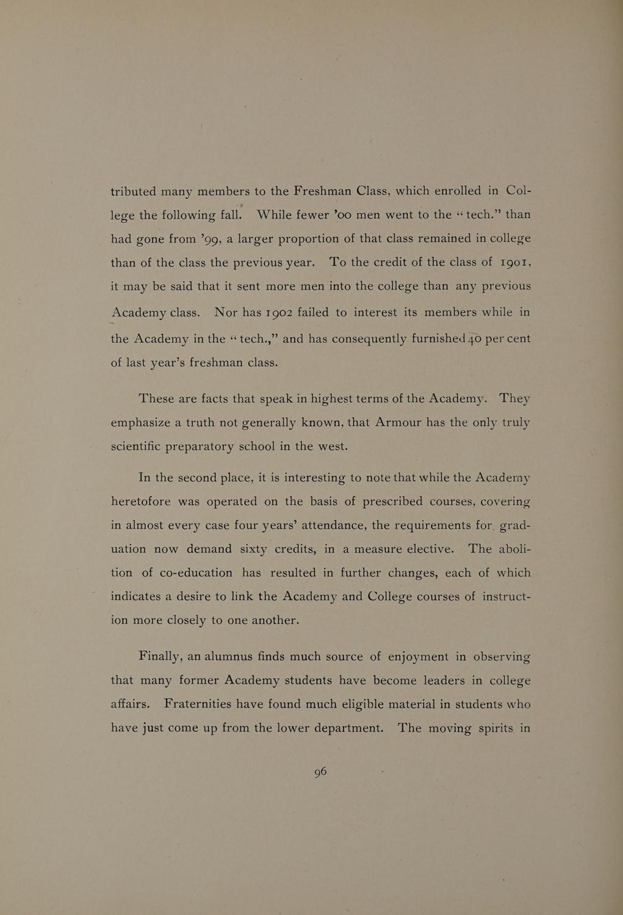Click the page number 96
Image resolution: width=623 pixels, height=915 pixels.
tap(320, 772)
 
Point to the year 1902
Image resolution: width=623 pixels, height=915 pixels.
tap(279, 312)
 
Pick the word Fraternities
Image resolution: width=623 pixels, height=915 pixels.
tap(198, 705)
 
